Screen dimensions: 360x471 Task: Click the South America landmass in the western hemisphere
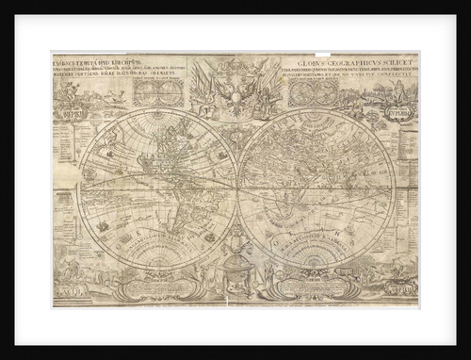click(179, 212)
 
